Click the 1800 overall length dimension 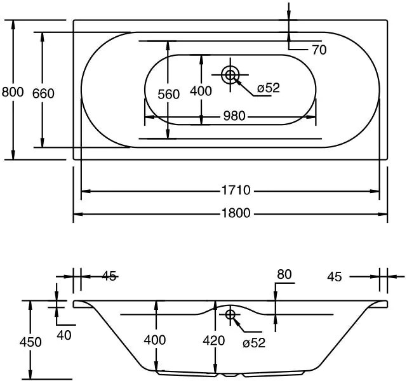click(234, 214)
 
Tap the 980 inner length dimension click(234, 116)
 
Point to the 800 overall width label click(13, 93)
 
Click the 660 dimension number click(43, 93)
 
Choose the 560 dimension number click(168, 95)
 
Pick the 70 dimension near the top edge click(319, 50)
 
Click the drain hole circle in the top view click(230, 75)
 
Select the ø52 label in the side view click(253, 343)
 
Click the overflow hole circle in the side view click(230, 314)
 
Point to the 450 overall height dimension click(30, 342)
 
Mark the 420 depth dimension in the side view click(214, 340)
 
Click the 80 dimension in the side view click(284, 275)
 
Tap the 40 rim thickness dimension click(64, 333)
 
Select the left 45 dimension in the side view click(109, 276)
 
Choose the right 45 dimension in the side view click(335, 276)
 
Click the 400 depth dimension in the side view click(155, 340)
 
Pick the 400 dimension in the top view click(201, 91)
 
